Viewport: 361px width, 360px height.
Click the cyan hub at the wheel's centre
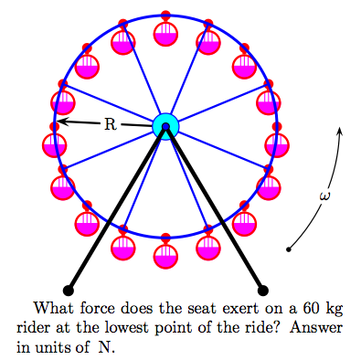(165, 124)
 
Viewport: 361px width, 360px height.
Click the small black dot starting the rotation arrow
(289, 249)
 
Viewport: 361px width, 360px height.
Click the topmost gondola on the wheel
(165, 32)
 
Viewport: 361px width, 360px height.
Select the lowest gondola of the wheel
(165, 255)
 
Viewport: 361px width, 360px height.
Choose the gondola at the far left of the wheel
(54, 143)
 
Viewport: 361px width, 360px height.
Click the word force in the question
(88, 310)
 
